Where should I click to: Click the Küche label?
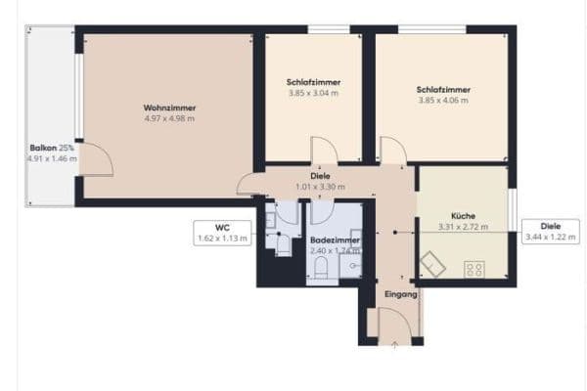point(463,216)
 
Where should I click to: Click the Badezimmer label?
point(335,239)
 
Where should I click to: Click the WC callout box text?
point(223,232)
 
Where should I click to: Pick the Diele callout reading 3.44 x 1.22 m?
point(551,231)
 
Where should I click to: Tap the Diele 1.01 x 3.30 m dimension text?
point(321,187)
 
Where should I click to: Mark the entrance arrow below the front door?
point(394,343)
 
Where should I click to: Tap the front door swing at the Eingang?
point(393,322)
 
